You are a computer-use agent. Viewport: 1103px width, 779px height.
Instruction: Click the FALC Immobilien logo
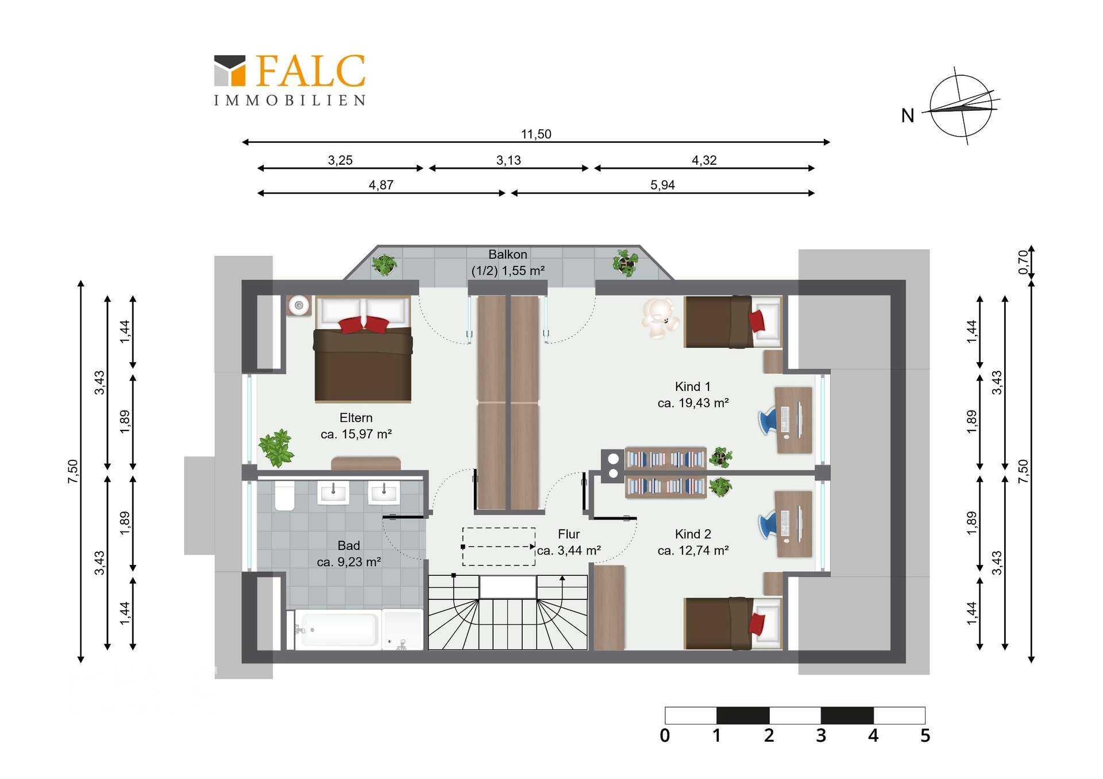tap(290, 80)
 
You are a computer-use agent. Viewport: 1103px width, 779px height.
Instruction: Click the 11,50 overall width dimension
tap(536, 134)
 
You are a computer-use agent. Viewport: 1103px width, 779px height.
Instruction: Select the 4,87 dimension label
tap(381, 185)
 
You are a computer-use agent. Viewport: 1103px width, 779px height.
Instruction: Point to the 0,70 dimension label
tap(1023, 262)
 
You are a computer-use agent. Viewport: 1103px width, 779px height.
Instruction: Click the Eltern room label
tap(356, 426)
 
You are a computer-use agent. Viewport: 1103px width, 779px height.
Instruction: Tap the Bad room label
tap(349, 553)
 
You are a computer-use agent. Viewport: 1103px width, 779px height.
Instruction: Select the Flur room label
tap(569, 542)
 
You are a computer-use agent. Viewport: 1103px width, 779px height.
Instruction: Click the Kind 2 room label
tap(693, 542)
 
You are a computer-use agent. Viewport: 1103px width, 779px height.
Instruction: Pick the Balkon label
tap(508, 262)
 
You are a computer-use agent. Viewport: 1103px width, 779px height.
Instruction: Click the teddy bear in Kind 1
tap(660, 318)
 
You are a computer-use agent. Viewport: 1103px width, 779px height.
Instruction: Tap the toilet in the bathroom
tap(285, 496)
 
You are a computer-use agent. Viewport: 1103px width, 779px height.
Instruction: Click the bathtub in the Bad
tap(336, 630)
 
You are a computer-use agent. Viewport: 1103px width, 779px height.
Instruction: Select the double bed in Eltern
tap(363, 349)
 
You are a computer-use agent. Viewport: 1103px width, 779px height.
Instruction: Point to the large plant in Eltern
tap(276, 448)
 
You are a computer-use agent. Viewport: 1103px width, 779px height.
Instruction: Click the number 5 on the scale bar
tap(925, 735)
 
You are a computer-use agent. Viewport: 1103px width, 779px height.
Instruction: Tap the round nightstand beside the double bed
tap(299, 305)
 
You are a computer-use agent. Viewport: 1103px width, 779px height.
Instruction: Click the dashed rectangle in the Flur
tap(499, 547)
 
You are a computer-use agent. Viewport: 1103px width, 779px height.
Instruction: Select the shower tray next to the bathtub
tap(403, 630)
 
